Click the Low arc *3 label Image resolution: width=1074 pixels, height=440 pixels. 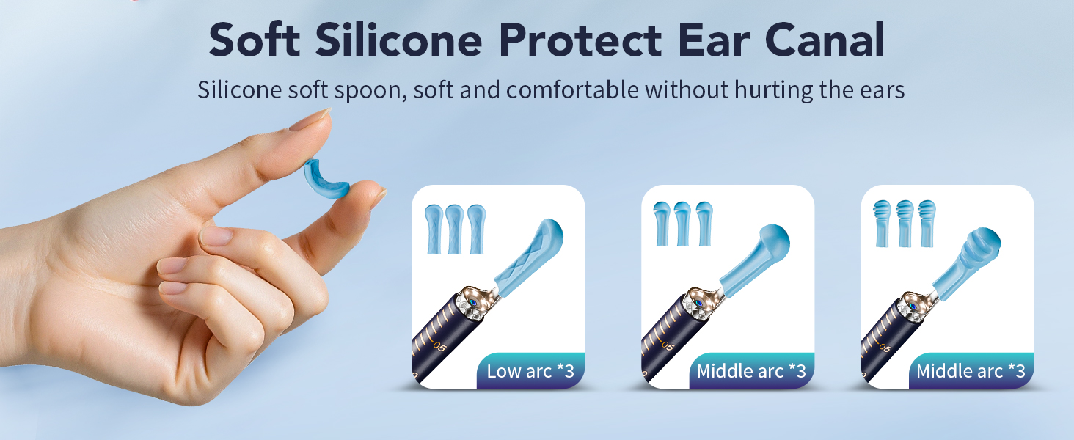[x=530, y=371]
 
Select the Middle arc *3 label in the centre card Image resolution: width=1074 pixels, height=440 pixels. [x=751, y=371]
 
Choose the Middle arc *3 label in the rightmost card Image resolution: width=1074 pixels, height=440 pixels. [x=971, y=371]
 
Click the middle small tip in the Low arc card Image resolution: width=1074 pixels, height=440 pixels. [x=455, y=228]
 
